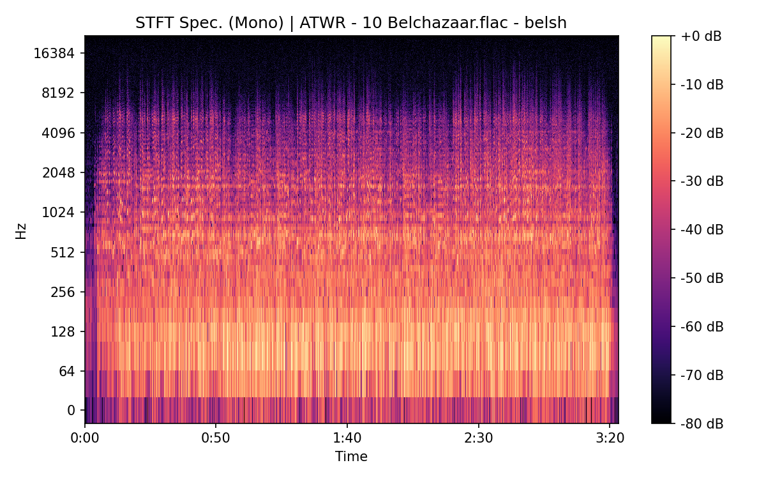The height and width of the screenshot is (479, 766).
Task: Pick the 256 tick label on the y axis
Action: coord(63,292)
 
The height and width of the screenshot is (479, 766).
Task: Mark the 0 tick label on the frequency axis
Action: coord(71,410)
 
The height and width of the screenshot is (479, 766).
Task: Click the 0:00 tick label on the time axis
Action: coord(85,439)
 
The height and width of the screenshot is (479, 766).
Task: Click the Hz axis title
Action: coord(21,230)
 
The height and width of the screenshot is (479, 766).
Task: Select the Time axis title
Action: coord(351,457)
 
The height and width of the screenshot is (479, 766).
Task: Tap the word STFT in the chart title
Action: coord(151,24)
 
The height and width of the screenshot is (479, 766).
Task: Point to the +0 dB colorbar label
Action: coord(701,36)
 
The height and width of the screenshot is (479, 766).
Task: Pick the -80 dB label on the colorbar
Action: coord(701,423)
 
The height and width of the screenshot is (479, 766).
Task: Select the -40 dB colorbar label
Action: coord(701,229)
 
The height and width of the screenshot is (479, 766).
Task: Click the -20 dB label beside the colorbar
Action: coord(701,133)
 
